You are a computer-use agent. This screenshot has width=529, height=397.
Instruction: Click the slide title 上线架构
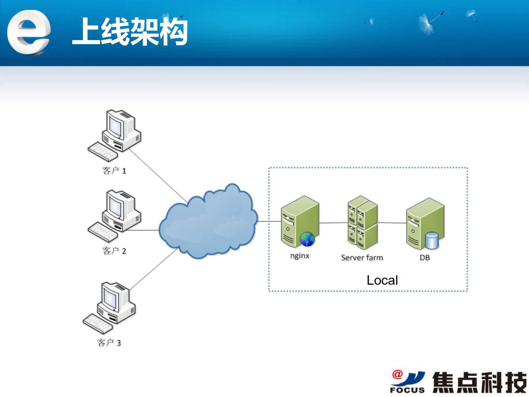(x=130, y=31)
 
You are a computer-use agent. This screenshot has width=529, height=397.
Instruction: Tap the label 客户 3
(x=109, y=343)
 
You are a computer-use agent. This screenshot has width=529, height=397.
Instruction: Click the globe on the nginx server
(x=307, y=239)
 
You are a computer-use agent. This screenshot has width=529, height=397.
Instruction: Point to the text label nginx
(x=300, y=256)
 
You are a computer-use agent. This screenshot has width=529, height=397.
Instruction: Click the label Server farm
(x=362, y=258)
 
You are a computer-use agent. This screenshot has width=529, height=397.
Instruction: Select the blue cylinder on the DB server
(x=431, y=240)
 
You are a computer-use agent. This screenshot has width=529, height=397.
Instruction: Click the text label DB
(x=425, y=258)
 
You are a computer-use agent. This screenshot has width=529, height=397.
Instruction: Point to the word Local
(x=382, y=280)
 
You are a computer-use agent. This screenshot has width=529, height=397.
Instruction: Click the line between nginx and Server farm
(x=333, y=223)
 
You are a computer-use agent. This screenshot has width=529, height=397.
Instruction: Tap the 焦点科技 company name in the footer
(x=479, y=382)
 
